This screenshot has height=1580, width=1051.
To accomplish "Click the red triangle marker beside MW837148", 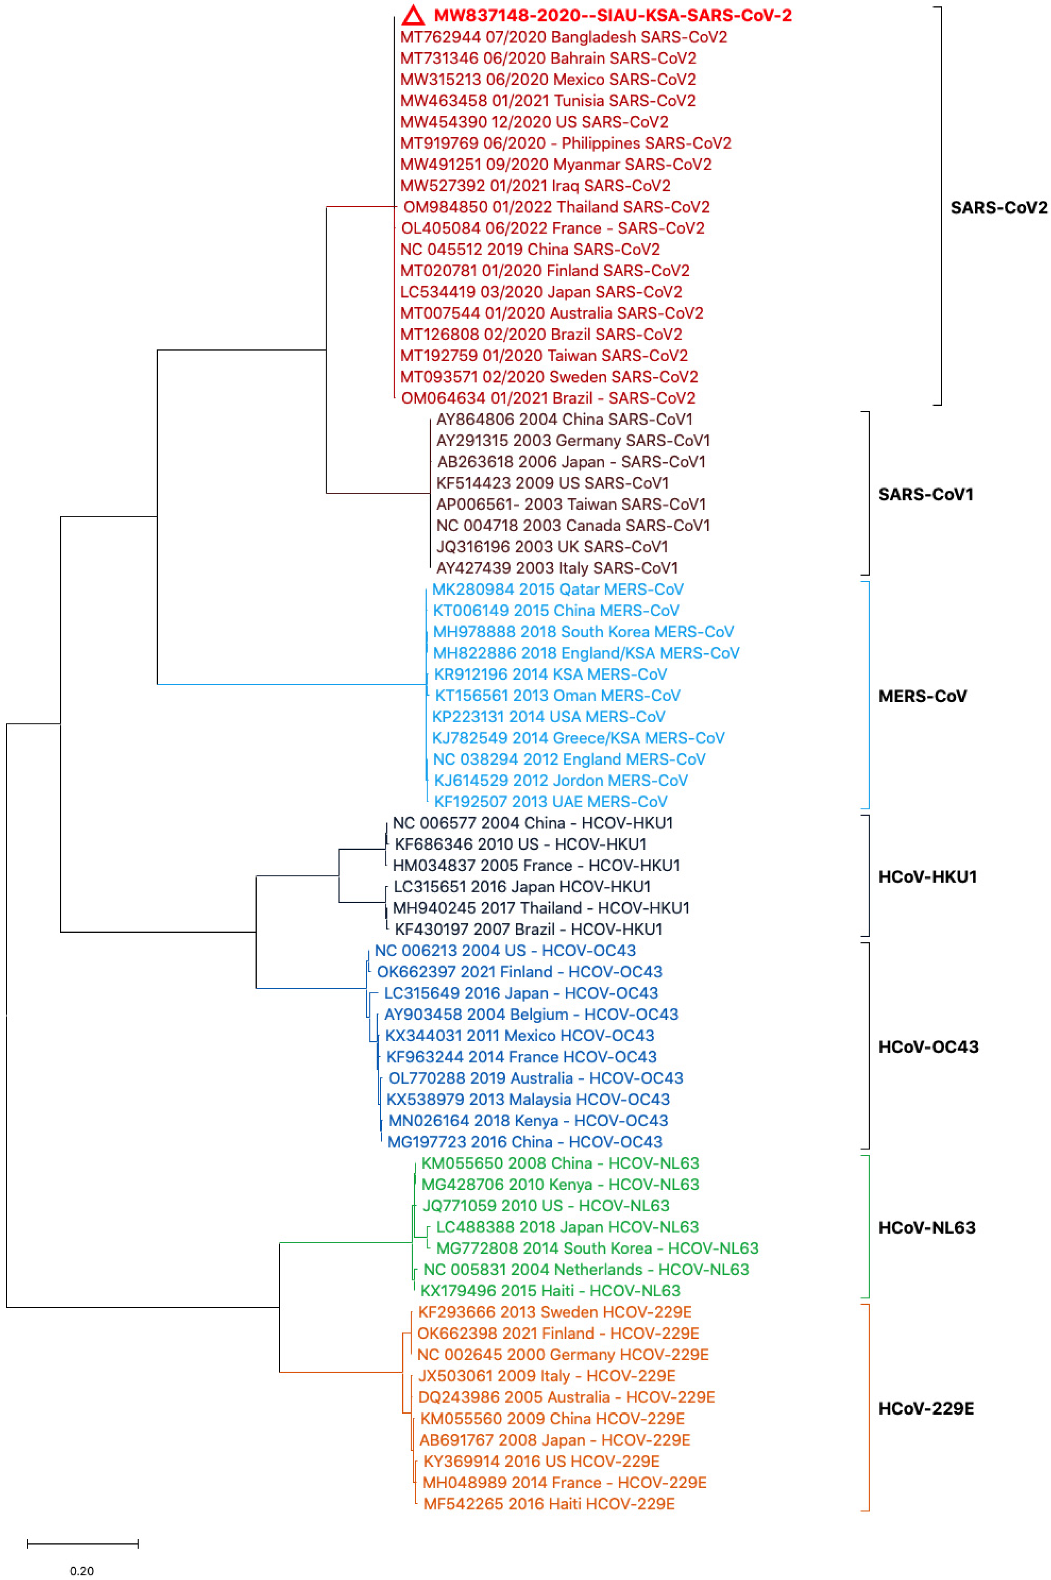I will pos(414,16).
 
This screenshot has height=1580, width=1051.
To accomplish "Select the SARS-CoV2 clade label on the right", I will pos(998,208).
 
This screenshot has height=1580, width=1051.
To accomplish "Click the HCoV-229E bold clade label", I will pos(926,1408).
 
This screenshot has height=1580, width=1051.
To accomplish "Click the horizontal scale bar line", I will pos(82,1544).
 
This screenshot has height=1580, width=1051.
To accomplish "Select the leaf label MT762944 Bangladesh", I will pos(563,37).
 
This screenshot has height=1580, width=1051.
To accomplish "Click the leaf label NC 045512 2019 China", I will pos(530,249).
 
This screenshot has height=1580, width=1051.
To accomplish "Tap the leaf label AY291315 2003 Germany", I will pos(573,440).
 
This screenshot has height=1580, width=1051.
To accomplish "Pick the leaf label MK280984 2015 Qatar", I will pos(557,589).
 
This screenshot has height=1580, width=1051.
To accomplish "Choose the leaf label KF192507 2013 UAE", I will pos(550,802).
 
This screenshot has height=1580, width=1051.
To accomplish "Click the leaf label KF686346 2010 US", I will pos(520,844).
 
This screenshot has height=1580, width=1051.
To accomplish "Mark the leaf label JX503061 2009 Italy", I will pos(546,1376).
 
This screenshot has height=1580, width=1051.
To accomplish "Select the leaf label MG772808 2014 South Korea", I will pos(597,1248).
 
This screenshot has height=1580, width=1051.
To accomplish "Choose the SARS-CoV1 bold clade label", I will pos(925,494).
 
